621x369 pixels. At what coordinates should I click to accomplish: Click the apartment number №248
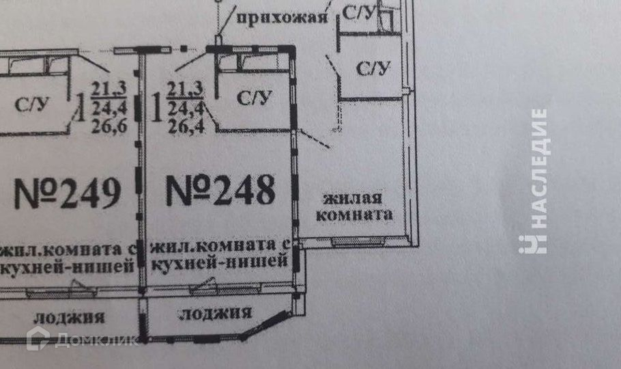click(220, 191)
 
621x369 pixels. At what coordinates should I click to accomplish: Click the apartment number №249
click(68, 193)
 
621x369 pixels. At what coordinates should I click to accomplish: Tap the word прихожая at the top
click(282, 17)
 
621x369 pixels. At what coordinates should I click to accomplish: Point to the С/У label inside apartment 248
click(254, 98)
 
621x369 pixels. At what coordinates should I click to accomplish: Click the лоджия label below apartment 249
click(69, 316)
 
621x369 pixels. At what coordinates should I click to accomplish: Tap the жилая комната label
click(358, 206)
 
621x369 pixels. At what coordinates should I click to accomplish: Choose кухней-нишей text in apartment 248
click(216, 260)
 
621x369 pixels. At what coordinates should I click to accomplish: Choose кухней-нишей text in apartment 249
click(66, 266)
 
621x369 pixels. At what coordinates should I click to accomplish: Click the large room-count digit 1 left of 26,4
click(155, 107)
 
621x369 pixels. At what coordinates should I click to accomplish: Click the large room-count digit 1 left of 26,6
click(80, 107)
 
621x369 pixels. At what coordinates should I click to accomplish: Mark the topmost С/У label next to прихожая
click(358, 12)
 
